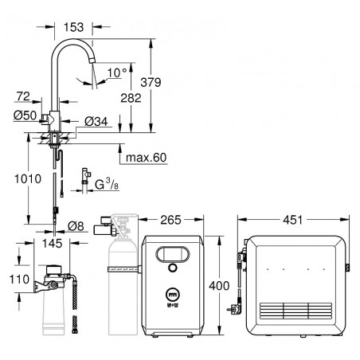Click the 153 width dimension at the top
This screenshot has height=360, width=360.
click(x=73, y=27)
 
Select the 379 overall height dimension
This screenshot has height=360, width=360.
click(x=151, y=82)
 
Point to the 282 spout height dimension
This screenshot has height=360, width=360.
click(x=131, y=98)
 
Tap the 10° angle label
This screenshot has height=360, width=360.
click(x=117, y=72)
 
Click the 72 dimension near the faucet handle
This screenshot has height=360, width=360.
click(x=23, y=96)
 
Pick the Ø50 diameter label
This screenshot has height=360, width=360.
click(x=25, y=115)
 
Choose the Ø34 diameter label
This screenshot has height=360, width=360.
click(x=96, y=122)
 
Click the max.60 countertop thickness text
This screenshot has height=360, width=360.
click(x=146, y=158)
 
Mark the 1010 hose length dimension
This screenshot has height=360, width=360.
click(x=28, y=179)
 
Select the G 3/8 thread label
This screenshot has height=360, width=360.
click(x=107, y=184)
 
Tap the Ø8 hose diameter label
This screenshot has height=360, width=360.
click(x=76, y=226)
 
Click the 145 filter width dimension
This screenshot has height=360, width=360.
click(x=53, y=243)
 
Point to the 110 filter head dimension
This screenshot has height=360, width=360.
click(x=19, y=280)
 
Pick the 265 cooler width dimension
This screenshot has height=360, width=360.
click(x=170, y=220)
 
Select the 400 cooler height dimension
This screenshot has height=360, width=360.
click(x=219, y=286)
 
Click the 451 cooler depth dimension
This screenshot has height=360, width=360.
click(x=292, y=220)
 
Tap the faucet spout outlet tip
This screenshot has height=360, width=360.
click(x=92, y=61)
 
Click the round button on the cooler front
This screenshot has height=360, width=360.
click(x=173, y=268)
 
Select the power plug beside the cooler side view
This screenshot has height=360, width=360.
click(x=233, y=308)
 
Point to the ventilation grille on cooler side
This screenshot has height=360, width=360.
click(x=295, y=311)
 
